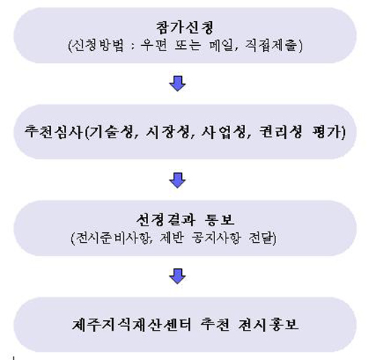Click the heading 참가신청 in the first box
[185, 27]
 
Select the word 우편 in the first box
[154, 45]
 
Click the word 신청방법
[98, 45]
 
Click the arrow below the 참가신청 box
[177, 83]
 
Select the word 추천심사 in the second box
[53, 132]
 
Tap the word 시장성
[168, 132]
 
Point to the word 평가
[326, 132]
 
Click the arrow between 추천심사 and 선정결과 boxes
[177, 180]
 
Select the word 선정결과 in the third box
[165, 219]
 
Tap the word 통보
[220, 219]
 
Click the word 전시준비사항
[112, 237]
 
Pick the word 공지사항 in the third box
[216, 237]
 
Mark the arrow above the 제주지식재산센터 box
[177, 277]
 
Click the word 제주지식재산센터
[132, 325]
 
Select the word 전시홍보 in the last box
[268, 325]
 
